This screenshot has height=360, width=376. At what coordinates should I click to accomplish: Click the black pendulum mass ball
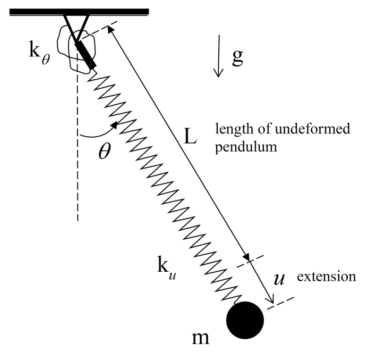tap(245, 320)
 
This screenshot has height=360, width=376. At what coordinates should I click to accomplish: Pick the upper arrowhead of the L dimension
tap(111, 31)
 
